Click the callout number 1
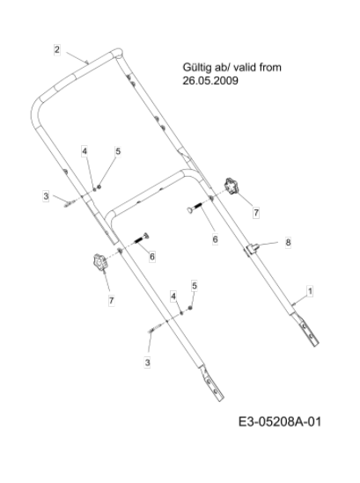point(310,291)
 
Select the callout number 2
point(56,49)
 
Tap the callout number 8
point(288,243)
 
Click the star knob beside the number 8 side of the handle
point(231,187)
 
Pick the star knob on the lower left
point(99,262)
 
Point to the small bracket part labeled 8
point(252,248)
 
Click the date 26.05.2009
point(210,81)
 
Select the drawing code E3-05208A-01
point(280,421)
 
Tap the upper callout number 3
point(46,196)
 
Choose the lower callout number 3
point(147,362)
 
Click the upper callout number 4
point(84,151)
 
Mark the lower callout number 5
point(195,286)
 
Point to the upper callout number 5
point(118,151)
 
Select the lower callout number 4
point(173,296)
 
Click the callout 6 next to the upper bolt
point(215,239)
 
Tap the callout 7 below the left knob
point(111,300)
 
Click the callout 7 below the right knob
point(256,213)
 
